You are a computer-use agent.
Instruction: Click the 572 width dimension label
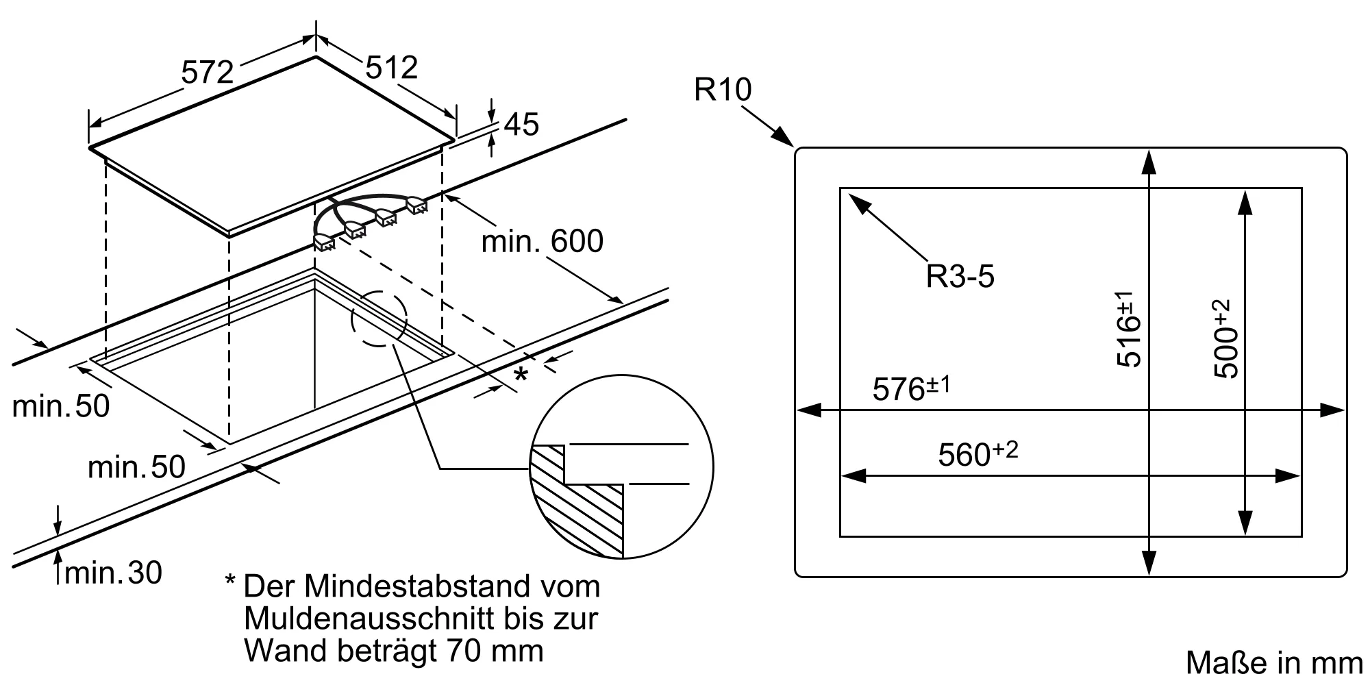point(208,72)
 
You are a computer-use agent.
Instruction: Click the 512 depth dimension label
point(392,67)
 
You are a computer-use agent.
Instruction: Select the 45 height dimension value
point(521,125)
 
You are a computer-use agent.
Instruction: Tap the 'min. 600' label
point(542,241)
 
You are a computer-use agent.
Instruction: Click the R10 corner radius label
point(722,90)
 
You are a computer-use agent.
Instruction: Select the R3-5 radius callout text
point(960,277)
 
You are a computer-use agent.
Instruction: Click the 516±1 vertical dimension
point(1129,329)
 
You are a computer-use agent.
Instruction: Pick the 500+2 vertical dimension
point(1225,339)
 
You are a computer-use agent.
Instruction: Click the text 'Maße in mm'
point(1274,663)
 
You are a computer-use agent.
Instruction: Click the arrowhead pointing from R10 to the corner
point(784,138)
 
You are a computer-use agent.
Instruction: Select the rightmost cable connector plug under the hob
point(416,205)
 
